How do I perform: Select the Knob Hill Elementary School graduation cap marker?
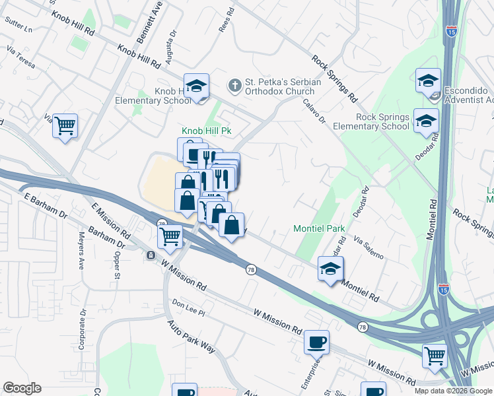(196, 86)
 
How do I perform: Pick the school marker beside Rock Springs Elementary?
(426, 119)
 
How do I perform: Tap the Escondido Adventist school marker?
(428, 81)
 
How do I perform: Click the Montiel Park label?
(320, 229)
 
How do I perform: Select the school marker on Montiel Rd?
(330, 269)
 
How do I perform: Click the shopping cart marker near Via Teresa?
(65, 125)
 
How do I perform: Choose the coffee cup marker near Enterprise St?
(316, 342)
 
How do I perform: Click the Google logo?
(22, 388)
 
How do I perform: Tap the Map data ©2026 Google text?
(453, 391)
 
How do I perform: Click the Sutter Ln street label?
(19, 30)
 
